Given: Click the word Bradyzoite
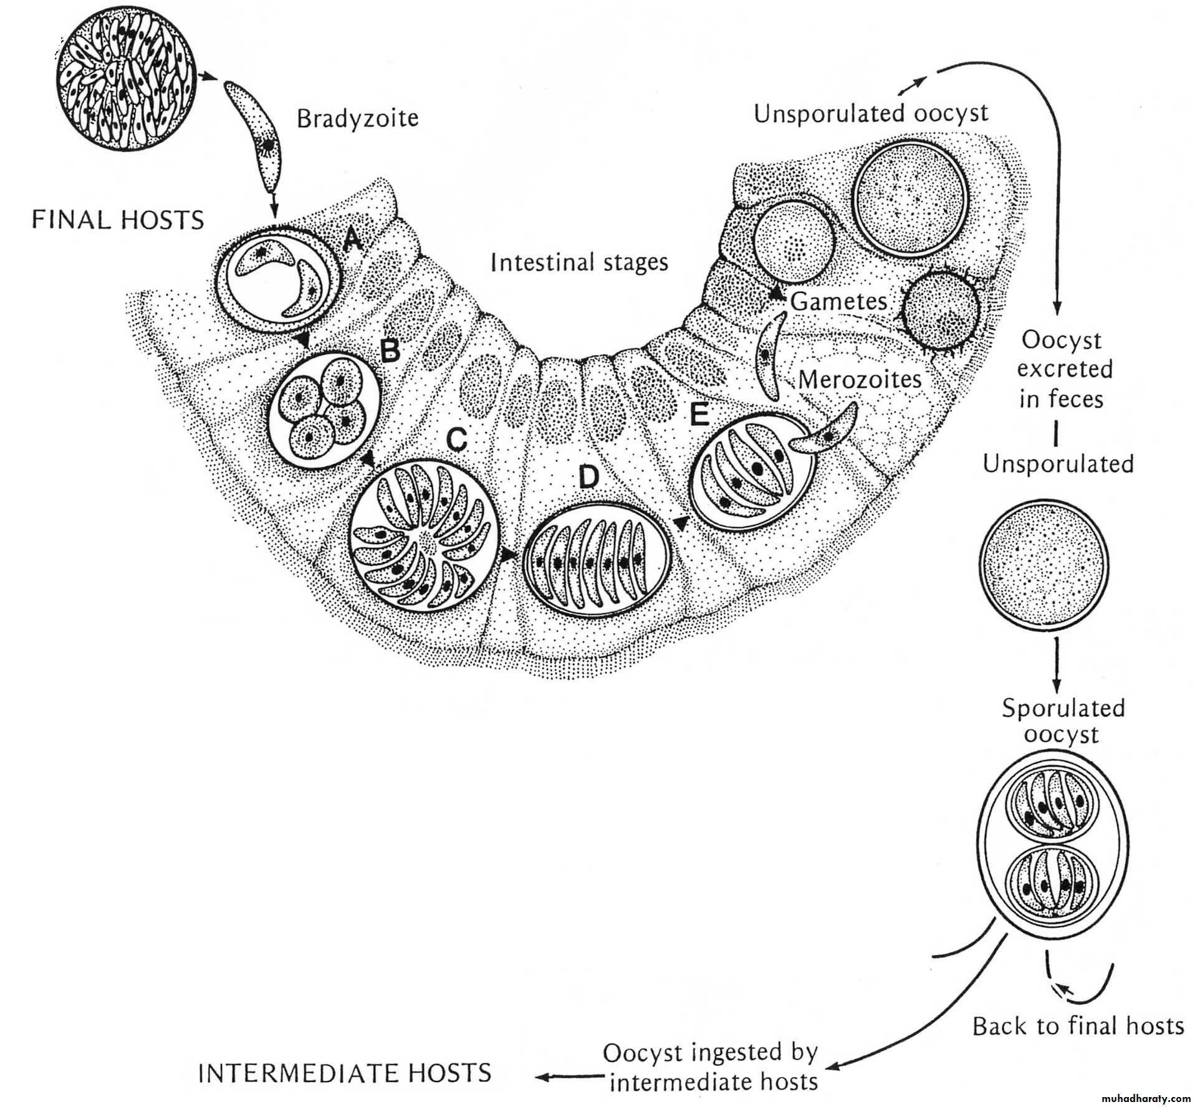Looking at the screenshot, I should click(x=357, y=118).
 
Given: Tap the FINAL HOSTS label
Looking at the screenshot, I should click(x=118, y=220).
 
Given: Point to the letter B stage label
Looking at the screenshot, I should click(x=390, y=351).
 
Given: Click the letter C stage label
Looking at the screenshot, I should click(x=457, y=439).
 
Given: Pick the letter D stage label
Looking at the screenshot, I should click(x=588, y=477).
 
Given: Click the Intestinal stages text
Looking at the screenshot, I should click(x=579, y=262).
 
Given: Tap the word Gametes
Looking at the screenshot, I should click(x=838, y=302).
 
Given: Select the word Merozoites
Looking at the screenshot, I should click(x=860, y=380).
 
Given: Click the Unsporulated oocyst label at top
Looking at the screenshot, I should click(x=871, y=113).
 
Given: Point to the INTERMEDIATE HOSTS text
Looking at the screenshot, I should click(x=345, y=1073).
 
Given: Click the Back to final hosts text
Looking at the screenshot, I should click(x=1078, y=1026).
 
